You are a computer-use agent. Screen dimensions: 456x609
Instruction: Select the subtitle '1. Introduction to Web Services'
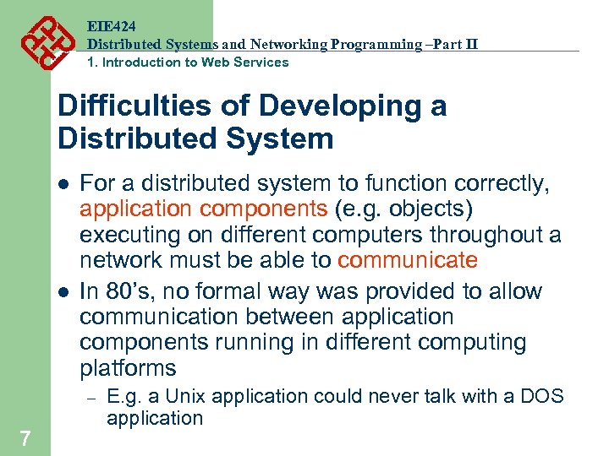pyautogui.click(x=188, y=62)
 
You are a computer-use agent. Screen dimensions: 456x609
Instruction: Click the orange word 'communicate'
pyautogui.click(x=408, y=260)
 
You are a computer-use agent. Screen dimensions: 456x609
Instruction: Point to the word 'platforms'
pyautogui.click(x=128, y=368)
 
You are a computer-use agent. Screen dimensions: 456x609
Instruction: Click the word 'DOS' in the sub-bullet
pyautogui.click(x=543, y=397)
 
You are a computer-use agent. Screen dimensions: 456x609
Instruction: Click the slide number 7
pyautogui.click(x=25, y=438)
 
